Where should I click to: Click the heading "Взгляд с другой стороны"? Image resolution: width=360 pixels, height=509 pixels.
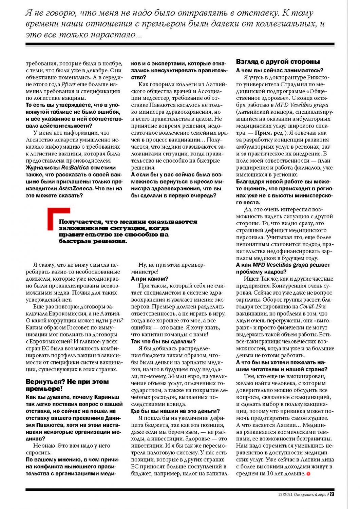click(278, 62)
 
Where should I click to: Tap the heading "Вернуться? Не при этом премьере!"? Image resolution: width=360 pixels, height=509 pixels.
click(67, 385)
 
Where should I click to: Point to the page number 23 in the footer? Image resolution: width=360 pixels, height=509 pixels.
click(332, 494)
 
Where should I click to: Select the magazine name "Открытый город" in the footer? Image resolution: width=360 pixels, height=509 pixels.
click(311, 494)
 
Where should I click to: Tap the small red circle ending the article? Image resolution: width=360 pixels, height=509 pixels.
click(308, 474)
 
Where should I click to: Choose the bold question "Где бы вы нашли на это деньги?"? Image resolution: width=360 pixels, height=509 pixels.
click(175, 411)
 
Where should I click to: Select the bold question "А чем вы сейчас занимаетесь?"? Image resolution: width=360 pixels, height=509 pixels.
click(280, 70)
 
